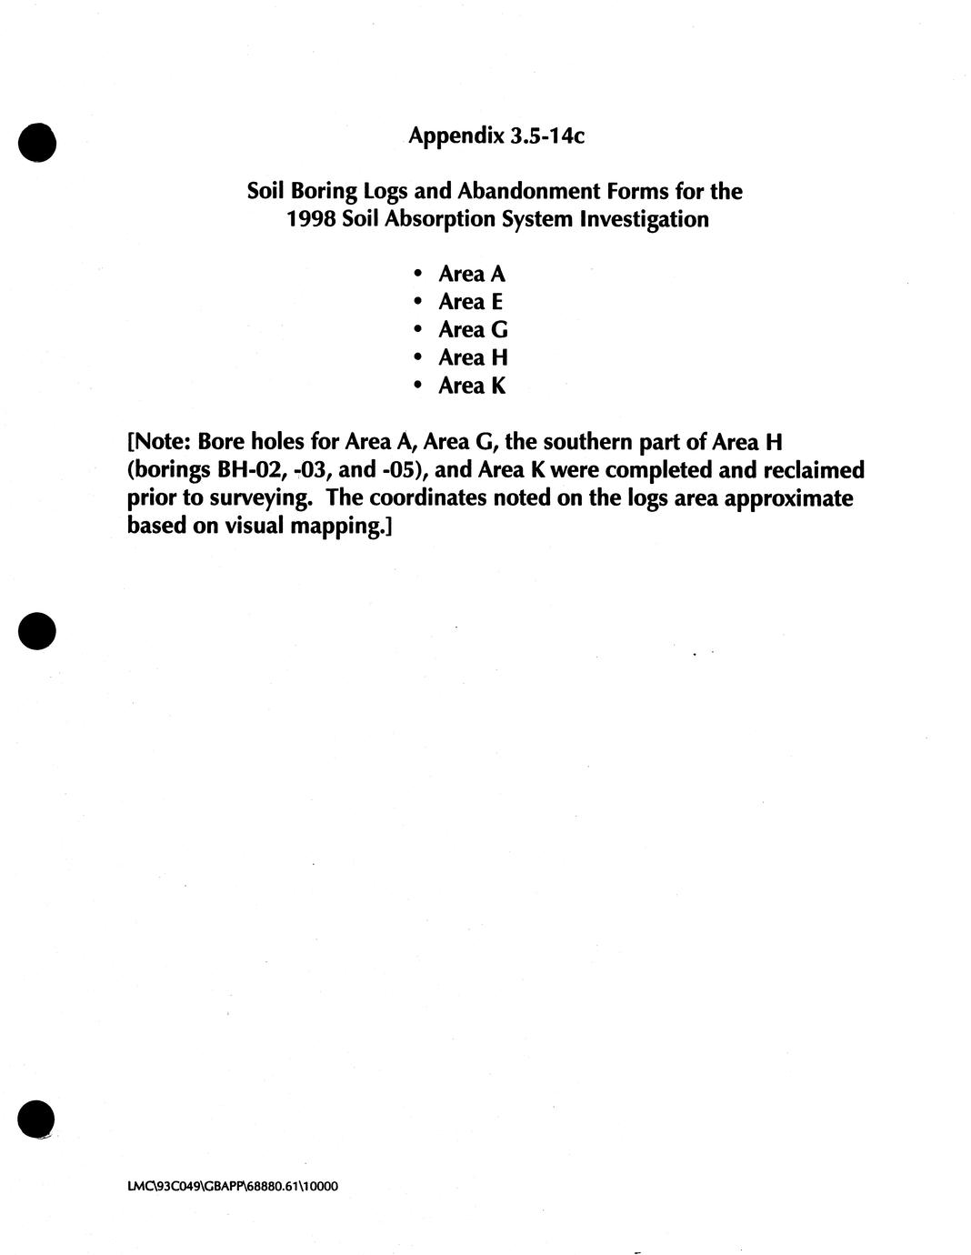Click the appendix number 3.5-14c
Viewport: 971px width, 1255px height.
point(547,136)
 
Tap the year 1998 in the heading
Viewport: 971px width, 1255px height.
point(311,220)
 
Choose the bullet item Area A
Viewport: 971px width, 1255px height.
point(471,274)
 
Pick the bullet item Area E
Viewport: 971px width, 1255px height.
point(470,302)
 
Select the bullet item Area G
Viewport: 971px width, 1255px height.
point(472,330)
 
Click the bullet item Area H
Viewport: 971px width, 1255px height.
point(472,358)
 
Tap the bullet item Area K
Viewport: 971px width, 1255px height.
point(471,387)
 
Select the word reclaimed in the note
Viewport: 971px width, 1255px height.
point(816,470)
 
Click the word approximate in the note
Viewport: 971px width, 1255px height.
point(788,499)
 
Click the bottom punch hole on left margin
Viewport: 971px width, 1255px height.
point(36,1119)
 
